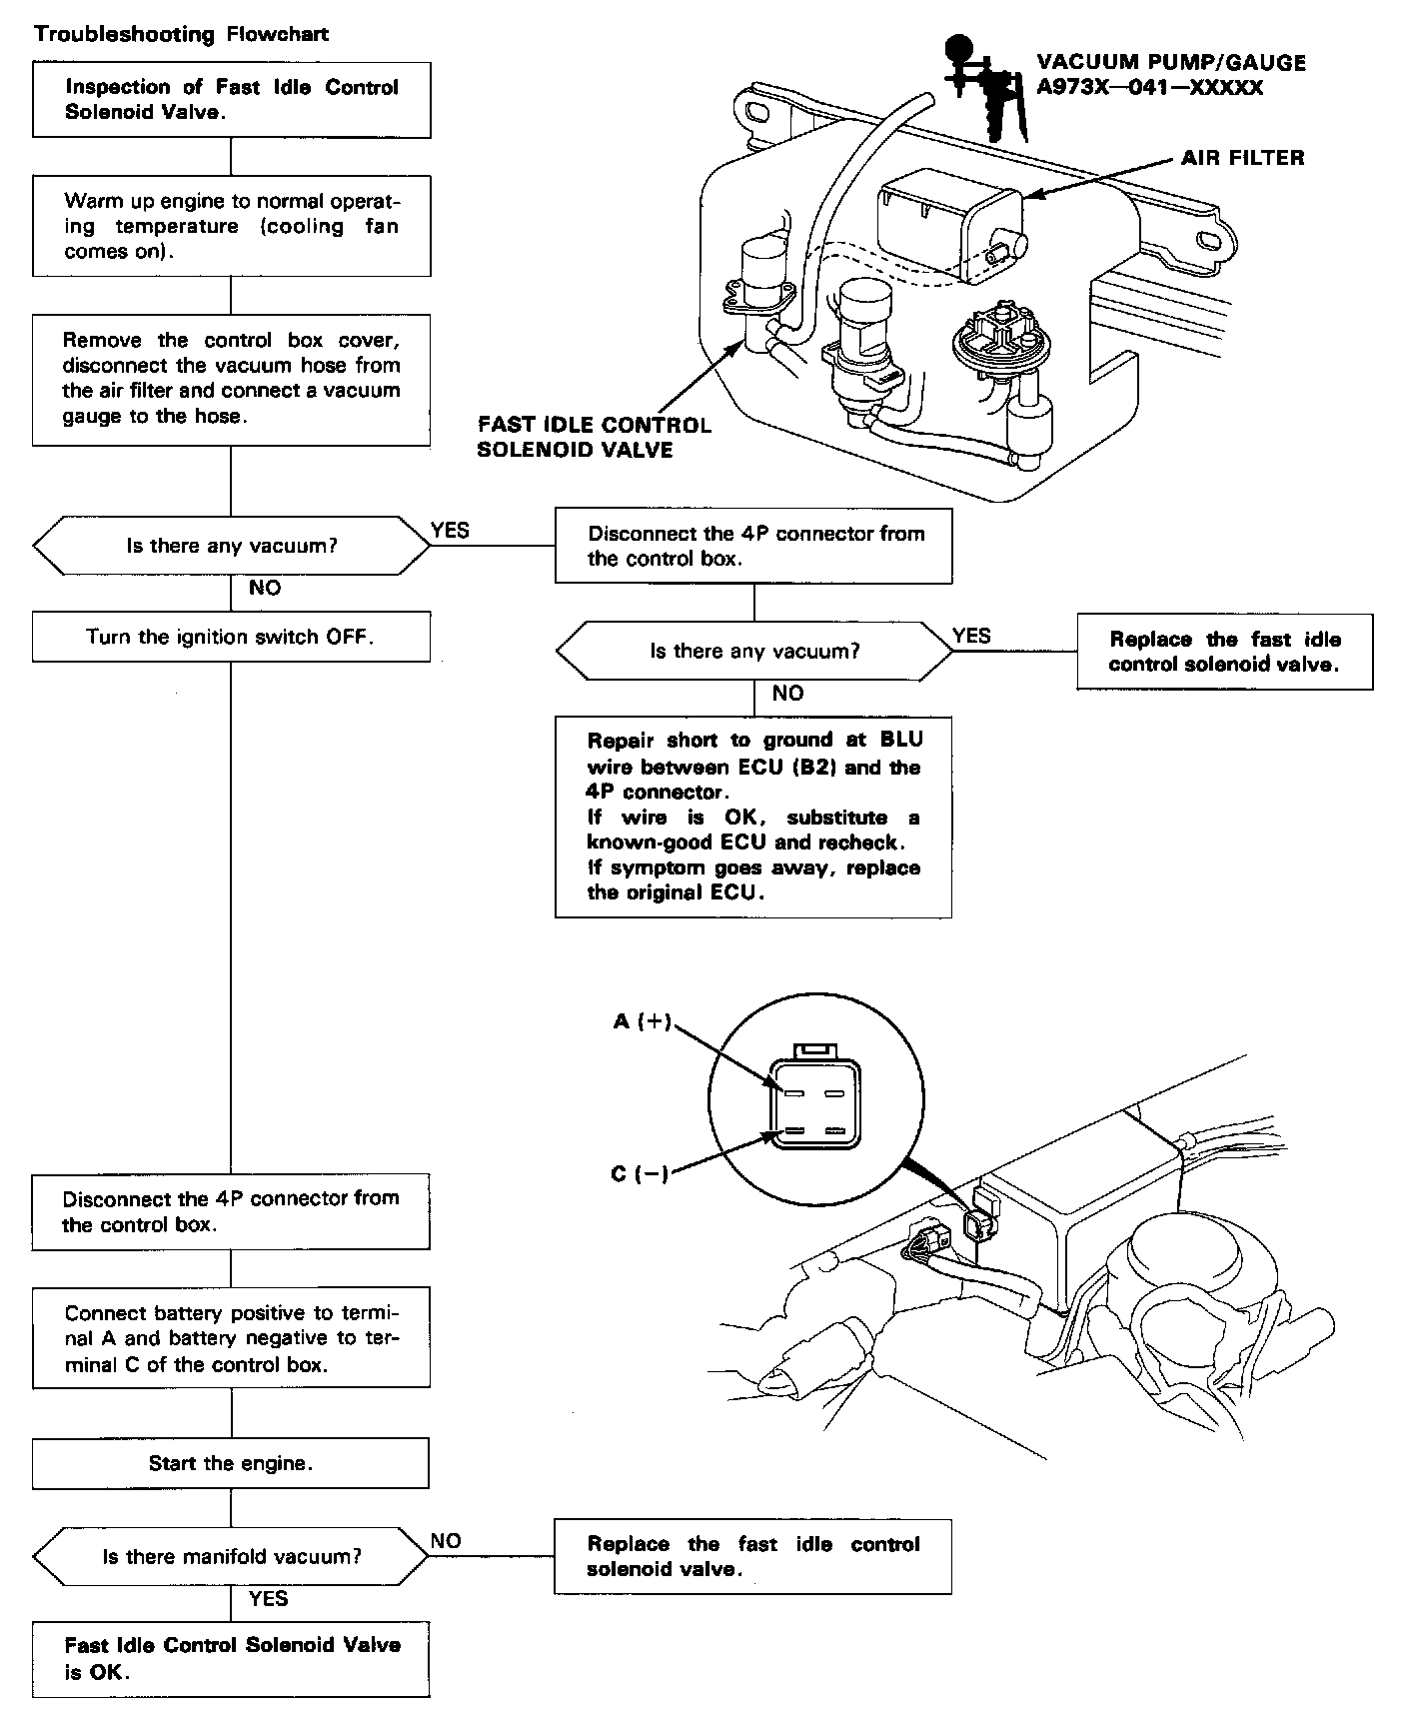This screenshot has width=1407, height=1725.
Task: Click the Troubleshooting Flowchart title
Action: coord(182,34)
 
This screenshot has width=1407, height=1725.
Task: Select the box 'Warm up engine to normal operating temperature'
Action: coord(232,226)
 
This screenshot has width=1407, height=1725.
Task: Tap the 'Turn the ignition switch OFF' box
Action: coord(231,637)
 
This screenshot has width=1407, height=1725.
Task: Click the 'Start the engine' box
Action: coord(231,1463)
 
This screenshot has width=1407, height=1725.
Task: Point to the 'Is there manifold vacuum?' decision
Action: coord(231,1556)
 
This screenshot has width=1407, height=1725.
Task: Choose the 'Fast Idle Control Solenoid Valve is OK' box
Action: coord(231,1658)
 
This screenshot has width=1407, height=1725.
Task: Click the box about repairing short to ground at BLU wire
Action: coord(753,817)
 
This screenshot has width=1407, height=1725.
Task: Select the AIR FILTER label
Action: coord(1242,157)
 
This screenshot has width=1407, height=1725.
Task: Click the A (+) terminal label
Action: coord(643,1021)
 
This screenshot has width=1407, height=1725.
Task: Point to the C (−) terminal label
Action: coord(640,1173)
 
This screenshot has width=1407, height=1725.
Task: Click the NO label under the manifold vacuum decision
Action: coord(446,1541)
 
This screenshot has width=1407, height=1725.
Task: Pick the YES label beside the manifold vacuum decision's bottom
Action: coord(268,1599)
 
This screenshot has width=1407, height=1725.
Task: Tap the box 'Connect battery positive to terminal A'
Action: coord(231,1338)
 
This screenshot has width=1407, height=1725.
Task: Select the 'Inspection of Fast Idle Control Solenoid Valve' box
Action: coord(232,99)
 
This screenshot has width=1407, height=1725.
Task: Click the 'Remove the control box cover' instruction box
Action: coord(232,379)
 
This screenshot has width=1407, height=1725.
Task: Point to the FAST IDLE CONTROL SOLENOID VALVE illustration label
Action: coord(594,438)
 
